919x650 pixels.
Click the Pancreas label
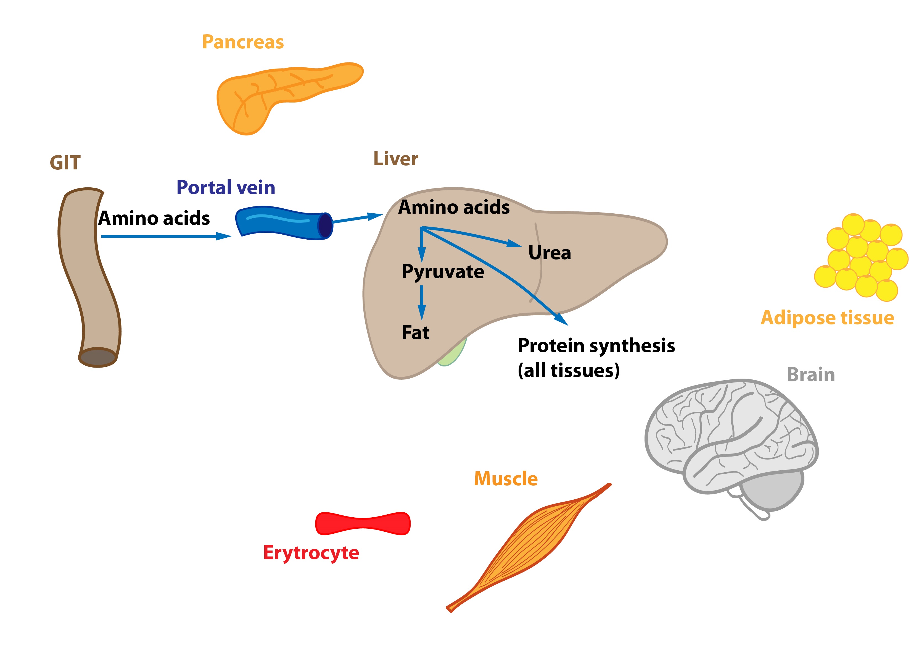click(x=243, y=42)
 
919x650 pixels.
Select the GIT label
click(x=65, y=163)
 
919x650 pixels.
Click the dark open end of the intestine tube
click(x=98, y=357)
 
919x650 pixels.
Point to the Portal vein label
click(x=226, y=187)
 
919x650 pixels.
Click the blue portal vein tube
click(x=284, y=223)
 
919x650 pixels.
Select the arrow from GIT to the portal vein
click(x=167, y=236)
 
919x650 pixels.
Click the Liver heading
click(x=396, y=159)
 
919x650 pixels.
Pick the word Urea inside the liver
click(x=550, y=253)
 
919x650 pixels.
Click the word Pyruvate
click(x=443, y=272)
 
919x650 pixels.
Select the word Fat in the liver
click(x=416, y=332)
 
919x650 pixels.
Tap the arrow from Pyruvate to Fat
click(x=421, y=302)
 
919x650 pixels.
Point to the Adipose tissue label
click(x=827, y=318)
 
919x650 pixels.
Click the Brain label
click(x=811, y=375)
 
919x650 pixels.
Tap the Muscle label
click(x=506, y=479)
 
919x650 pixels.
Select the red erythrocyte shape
click(x=363, y=523)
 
